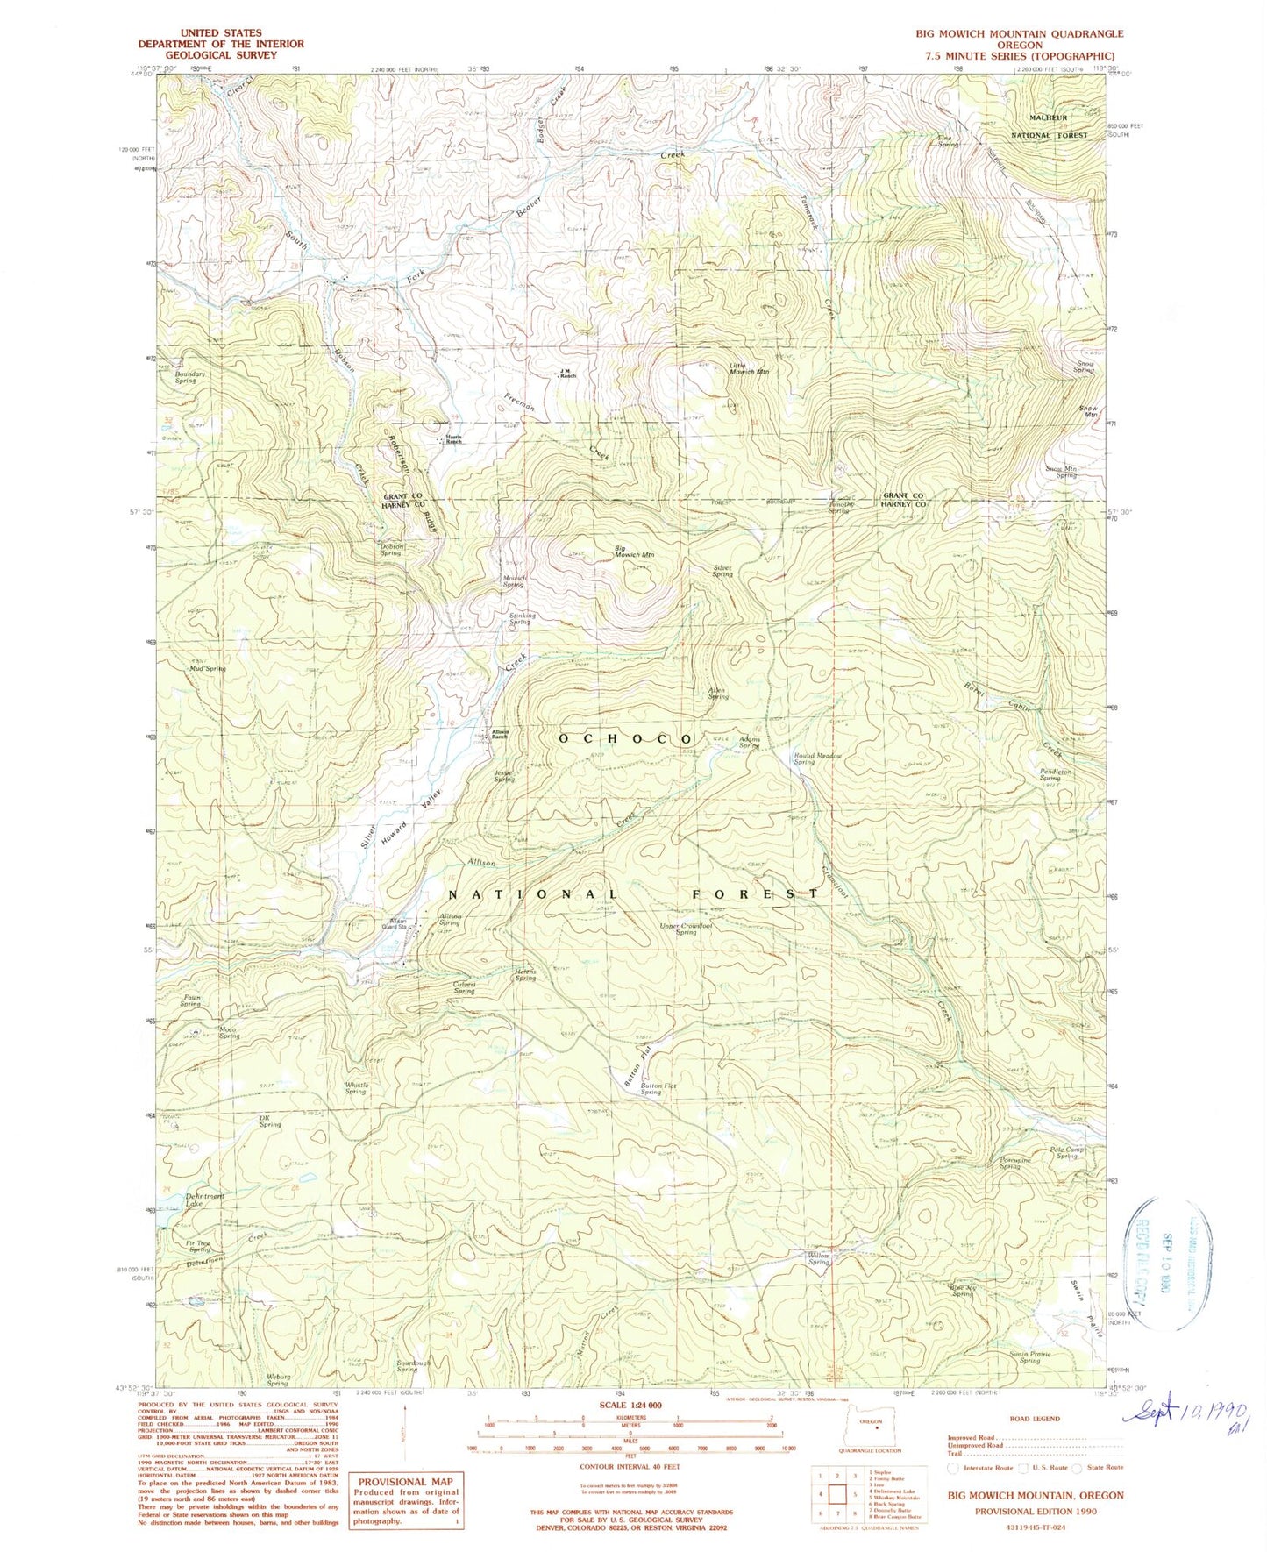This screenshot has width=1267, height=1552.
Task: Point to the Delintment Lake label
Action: pyautogui.click(x=204, y=1200)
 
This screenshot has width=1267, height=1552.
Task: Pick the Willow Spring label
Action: pyautogui.click(x=818, y=1258)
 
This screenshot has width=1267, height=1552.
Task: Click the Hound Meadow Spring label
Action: pyautogui.click(x=817, y=758)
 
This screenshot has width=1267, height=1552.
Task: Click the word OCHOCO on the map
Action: pyautogui.click(x=626, y=739)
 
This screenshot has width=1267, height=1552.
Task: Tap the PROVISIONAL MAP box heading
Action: pyautogui.click(x=405, y=1482)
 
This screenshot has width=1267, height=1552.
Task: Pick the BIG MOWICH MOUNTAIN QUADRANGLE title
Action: pyautogui.click(x=1019, y=33)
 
